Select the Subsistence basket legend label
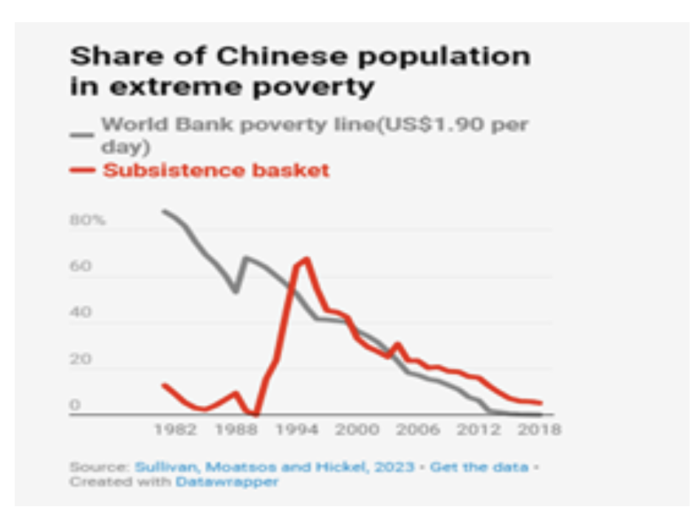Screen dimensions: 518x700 pyautogui.click(x=216, y=170)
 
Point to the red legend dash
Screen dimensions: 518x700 pyautogui.click(x=82, y=170)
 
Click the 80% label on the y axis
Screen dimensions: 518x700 pyautogui.click(x=88, y=221)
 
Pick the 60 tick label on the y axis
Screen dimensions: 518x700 pyautogui.click(x=81, y=266)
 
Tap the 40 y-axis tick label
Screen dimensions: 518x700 pyautogui.click(x=81, y=313)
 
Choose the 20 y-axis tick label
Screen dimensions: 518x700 pyautogui.click(x=81, y=360)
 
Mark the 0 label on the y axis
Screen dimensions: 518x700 pyautogui.click(x=75, y=405)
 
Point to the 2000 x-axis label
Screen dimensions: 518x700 pyautogui.click(x=359, y=430)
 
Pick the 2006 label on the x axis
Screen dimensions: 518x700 pyautogui.click(x=419, y=430)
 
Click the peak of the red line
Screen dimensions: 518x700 pyautogui.click(x=306, y=258)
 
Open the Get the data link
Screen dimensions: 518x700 pyautogui.click(x=479, y=467)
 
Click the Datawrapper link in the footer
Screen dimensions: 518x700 pyautogui.click(x=227, y=482)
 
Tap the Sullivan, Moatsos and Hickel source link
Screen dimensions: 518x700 pyautogui.click(x=274, y=467)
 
